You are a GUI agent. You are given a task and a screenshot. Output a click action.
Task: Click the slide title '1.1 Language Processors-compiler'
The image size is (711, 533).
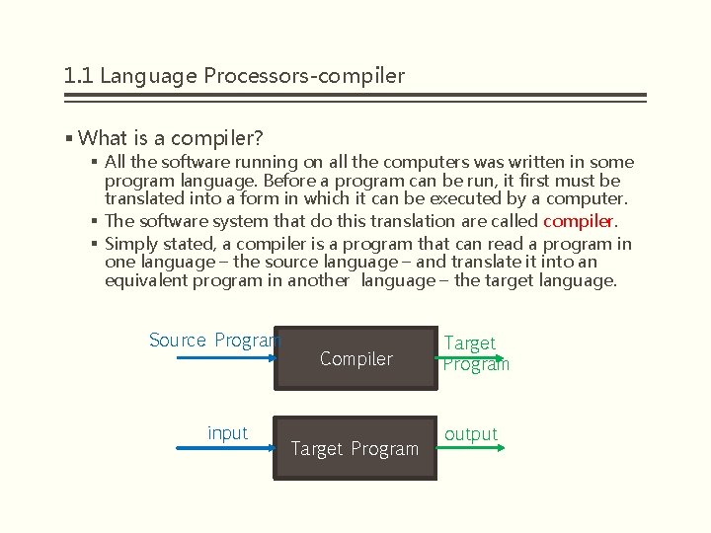coord(234,75)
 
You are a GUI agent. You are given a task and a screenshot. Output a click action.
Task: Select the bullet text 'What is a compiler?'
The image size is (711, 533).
coord(170,137)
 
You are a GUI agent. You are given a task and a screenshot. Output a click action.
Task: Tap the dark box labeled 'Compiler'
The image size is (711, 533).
coord(355,359)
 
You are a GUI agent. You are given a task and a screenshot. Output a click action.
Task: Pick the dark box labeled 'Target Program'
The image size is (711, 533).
coord(355,449)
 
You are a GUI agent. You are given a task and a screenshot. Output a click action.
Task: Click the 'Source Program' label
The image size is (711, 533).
coord(213,341)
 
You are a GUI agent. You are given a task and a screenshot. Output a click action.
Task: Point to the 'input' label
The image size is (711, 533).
coord(227,433)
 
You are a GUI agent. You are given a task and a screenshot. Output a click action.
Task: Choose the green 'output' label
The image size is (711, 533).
coord(471,434)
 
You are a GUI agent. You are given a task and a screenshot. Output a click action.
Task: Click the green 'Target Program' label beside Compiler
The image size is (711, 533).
coord(475,353)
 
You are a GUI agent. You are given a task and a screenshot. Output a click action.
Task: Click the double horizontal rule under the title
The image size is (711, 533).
coord(355,98)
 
